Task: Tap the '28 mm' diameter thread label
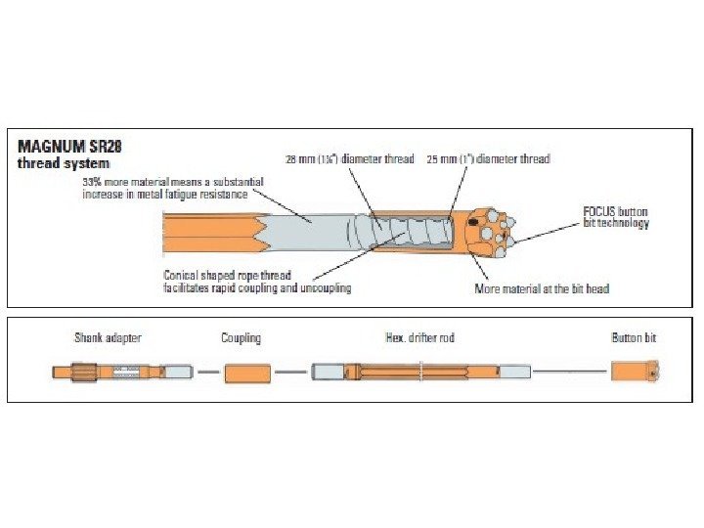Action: click(350, 158)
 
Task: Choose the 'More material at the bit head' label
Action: click(541, 288)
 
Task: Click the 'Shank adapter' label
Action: click(108, 338)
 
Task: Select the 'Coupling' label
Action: click(241, 338)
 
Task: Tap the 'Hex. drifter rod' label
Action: click(420, 338)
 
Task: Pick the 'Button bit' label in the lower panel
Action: click(634, 338)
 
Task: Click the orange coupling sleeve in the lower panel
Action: click(247, 373)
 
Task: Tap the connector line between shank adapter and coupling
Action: click(207, 373)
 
